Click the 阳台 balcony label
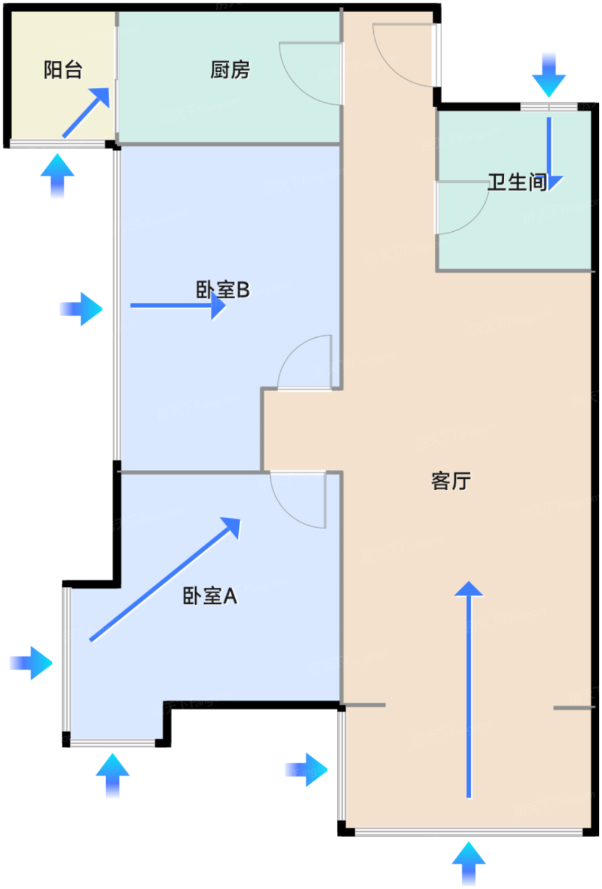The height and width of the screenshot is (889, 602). [x=63, y=69]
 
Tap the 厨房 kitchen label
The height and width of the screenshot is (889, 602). [x=230, y=69]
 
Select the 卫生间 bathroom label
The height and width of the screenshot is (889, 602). [x=517, y=182]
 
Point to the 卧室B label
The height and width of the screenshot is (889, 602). [x=222, y=290]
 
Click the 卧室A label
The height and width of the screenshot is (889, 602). [x=210, y=596]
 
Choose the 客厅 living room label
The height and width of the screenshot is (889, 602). [x=451, y=481]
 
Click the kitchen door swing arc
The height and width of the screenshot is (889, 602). [x=305, y=79]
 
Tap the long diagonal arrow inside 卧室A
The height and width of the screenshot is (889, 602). [x=165, y=579]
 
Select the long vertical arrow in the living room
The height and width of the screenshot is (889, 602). [x=469, y=689]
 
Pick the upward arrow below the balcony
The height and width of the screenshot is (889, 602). [x=57, y=175]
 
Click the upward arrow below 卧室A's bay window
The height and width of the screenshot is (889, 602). [x=113, y=775]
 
